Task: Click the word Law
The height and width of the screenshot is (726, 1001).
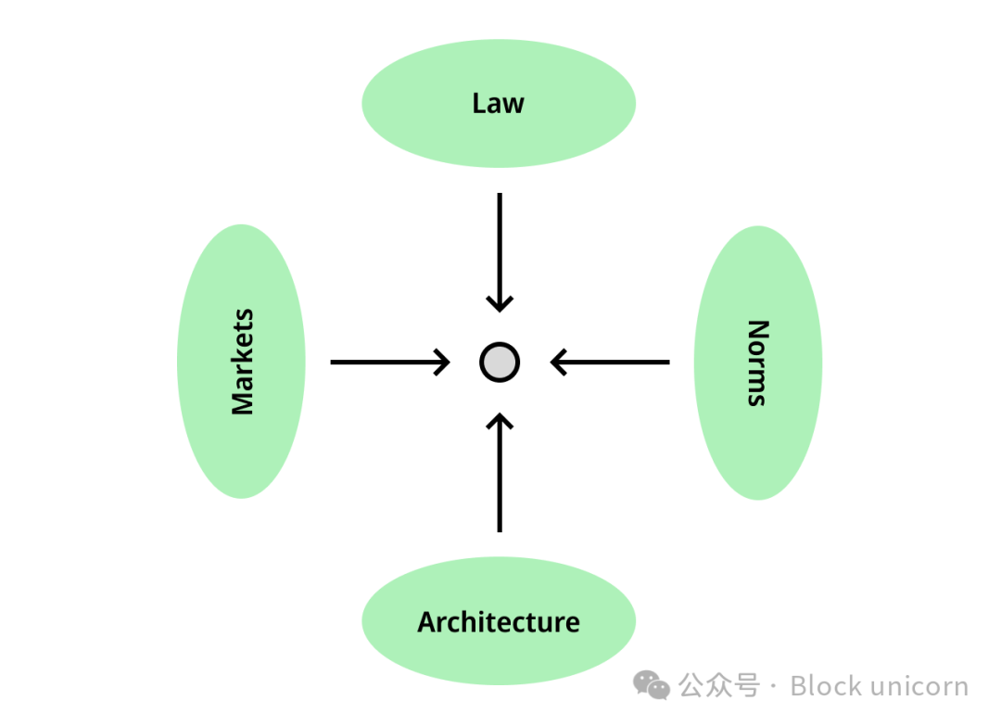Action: point(498,104)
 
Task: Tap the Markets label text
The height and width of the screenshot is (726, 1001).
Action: point(243,362)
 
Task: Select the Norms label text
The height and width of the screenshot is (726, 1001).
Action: point(758,363)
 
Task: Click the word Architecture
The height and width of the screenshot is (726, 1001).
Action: point(499,622)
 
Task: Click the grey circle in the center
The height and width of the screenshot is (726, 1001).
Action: point(500,363)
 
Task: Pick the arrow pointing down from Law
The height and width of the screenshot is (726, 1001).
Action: point(500,253)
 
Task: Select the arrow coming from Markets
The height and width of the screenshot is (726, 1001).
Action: point(390,362)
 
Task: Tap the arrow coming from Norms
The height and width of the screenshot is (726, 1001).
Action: point(610,362)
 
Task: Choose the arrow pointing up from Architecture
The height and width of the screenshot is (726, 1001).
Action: point(500,473)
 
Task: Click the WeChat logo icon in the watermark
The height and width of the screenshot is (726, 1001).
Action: point(652,685)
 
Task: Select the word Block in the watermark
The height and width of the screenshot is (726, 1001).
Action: point(827,686)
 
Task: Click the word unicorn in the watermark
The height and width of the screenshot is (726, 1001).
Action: point(920,687)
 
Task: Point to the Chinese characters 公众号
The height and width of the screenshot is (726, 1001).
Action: point(719,686)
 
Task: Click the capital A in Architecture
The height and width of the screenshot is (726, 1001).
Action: point(427,622)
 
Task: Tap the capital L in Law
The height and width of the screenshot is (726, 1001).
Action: point(479,104)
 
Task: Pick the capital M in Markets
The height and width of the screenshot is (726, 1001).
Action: point(243,402)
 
